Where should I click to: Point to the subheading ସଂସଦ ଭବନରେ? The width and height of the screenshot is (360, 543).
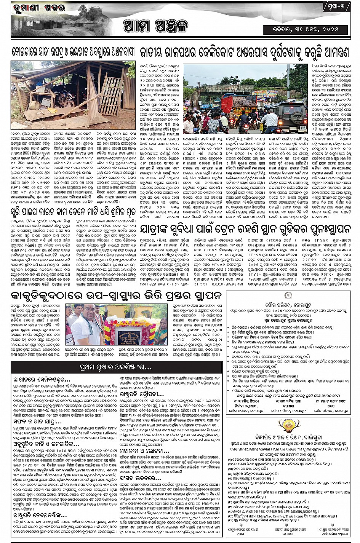[x=138, y=478]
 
